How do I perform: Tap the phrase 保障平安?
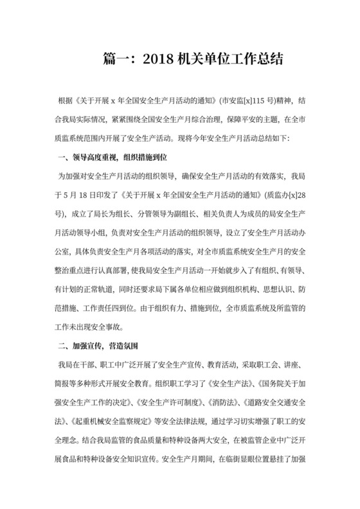pos(248,120)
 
